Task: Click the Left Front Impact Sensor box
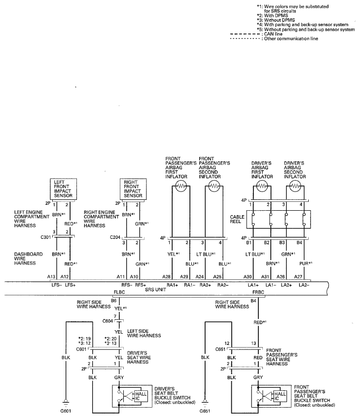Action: pos(64,189)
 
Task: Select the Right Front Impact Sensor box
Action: pos(133,189)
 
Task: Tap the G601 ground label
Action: pos(66,411)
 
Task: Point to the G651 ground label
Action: pos(205,411)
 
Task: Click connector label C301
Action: pos(45,237)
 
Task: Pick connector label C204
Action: pos(115,237)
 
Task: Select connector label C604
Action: pos(108,321)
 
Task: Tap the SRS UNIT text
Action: pos(155,290)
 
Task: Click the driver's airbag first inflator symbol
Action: pos(262,186)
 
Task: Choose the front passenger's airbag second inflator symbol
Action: pos(214,186)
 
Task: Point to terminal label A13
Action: pos(51,277)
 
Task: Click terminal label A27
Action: pos(298,277)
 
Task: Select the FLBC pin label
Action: pos(119,292)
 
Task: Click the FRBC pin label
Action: pos(258,292)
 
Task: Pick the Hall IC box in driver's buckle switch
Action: pos(141,396)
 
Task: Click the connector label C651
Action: pos(220,349)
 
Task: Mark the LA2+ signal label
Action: pos(286,285)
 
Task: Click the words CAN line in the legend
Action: pos(273,34)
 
